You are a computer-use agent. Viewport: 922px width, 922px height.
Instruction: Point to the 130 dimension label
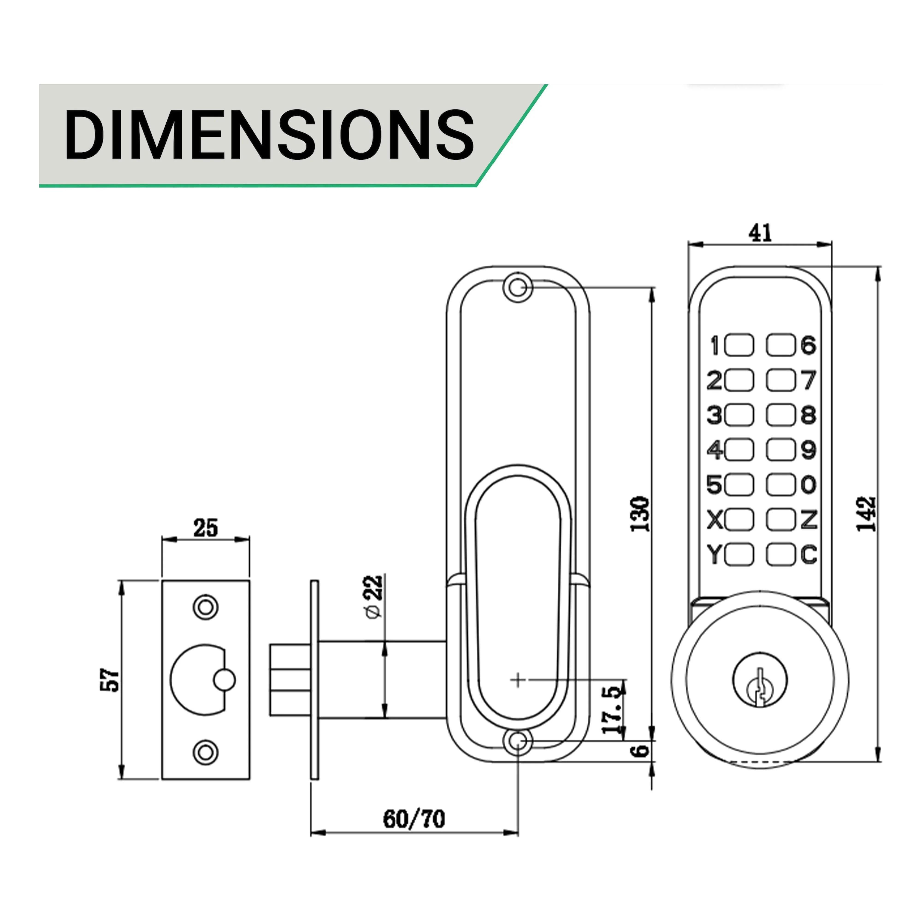(640, 514)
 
